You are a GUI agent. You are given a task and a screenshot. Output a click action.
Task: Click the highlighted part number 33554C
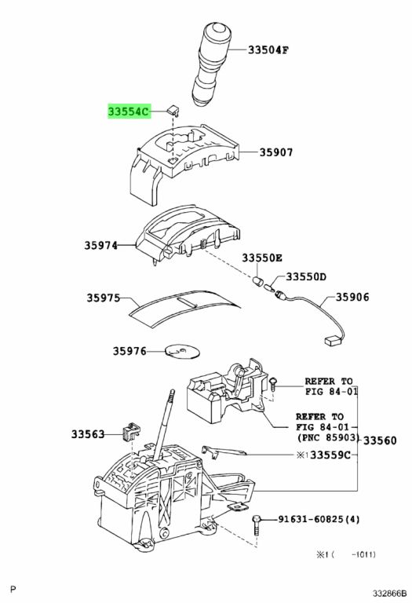point(129,112)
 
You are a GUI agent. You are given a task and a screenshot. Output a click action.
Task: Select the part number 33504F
point(268,50)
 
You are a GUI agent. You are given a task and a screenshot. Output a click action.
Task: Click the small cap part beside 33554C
point(174,111)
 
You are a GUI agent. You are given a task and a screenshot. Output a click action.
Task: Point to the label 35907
point(276,152)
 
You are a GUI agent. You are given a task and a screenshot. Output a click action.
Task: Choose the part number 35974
point(101,245)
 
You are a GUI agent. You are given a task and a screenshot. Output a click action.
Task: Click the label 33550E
point(262,258)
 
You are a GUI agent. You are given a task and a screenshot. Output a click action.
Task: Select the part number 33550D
point(306,277)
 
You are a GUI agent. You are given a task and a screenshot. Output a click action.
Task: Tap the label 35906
point(352,297)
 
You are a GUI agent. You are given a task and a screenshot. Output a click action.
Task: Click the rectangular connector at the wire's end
point(331,341)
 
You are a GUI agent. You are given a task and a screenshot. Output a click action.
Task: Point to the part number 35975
point(103,298)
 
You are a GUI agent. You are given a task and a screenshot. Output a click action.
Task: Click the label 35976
point(129,351)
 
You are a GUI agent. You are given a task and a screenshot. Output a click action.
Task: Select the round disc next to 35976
point(183,351)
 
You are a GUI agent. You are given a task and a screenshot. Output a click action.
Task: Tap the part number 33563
point(88,434)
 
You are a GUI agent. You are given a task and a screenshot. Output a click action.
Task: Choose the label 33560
point(380,440)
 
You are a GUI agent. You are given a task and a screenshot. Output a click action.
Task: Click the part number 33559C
point(330,455)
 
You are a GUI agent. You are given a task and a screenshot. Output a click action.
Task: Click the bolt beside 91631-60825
point(257,525)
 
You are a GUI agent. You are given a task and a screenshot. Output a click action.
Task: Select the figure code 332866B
point(388,593)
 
